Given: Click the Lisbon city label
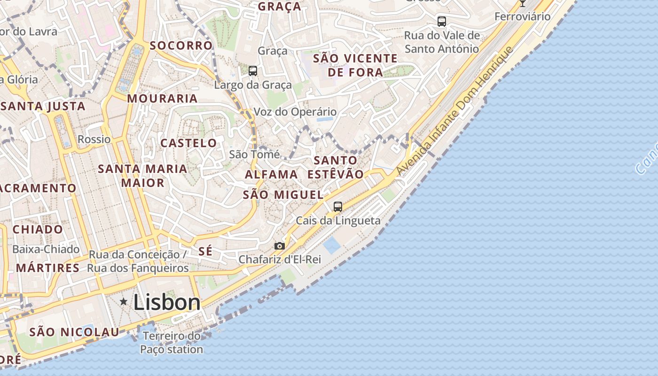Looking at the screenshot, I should click(x=167, y=302).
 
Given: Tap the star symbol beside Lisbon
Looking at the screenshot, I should click(x=124, y=301).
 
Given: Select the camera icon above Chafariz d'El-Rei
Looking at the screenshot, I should click(x=279, y=246).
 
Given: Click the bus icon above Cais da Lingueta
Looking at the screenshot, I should click(x=337, y=206).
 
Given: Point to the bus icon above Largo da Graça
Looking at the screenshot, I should click(x=253, y=71).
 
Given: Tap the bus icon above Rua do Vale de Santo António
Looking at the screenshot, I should click(x=441, y=21).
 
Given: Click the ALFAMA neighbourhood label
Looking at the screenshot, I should click(x=271, y=174).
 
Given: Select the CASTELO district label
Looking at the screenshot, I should click(x=188, y=143).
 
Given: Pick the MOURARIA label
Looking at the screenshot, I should click(x=162, y=98).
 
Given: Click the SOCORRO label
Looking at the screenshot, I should click(x=181, y=46).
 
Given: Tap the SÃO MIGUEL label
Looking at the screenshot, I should click(x=283, y=195).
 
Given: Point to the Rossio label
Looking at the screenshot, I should click(x=94, y=139).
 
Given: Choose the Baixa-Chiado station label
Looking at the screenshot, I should click(x=46, y=249).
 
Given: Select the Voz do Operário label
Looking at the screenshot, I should click(x=295, y=112).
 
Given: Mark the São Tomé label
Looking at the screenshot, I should click(x=254, y=154).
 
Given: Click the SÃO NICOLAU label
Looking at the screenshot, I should click(x=74, y=332).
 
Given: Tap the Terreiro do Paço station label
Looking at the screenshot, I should click(x=172, y=343).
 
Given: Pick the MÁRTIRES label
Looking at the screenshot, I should click(x=47, y=268).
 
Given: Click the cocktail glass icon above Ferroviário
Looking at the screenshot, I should click(x=522, y=3).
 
